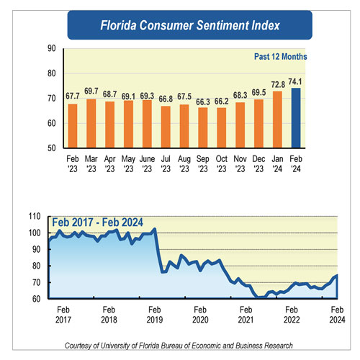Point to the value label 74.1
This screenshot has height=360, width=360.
pyautogui.click(x=294, y=81)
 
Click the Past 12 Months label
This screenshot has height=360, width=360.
pyautogui.click(x=280, y=56)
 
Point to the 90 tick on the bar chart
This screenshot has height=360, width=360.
pyautogui.click(x=51, y=48)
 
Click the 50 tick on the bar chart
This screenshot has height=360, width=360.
pyautogui.click(x=51, y=148)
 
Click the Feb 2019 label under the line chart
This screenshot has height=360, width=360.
pyautogui.click(x=155, y=314)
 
